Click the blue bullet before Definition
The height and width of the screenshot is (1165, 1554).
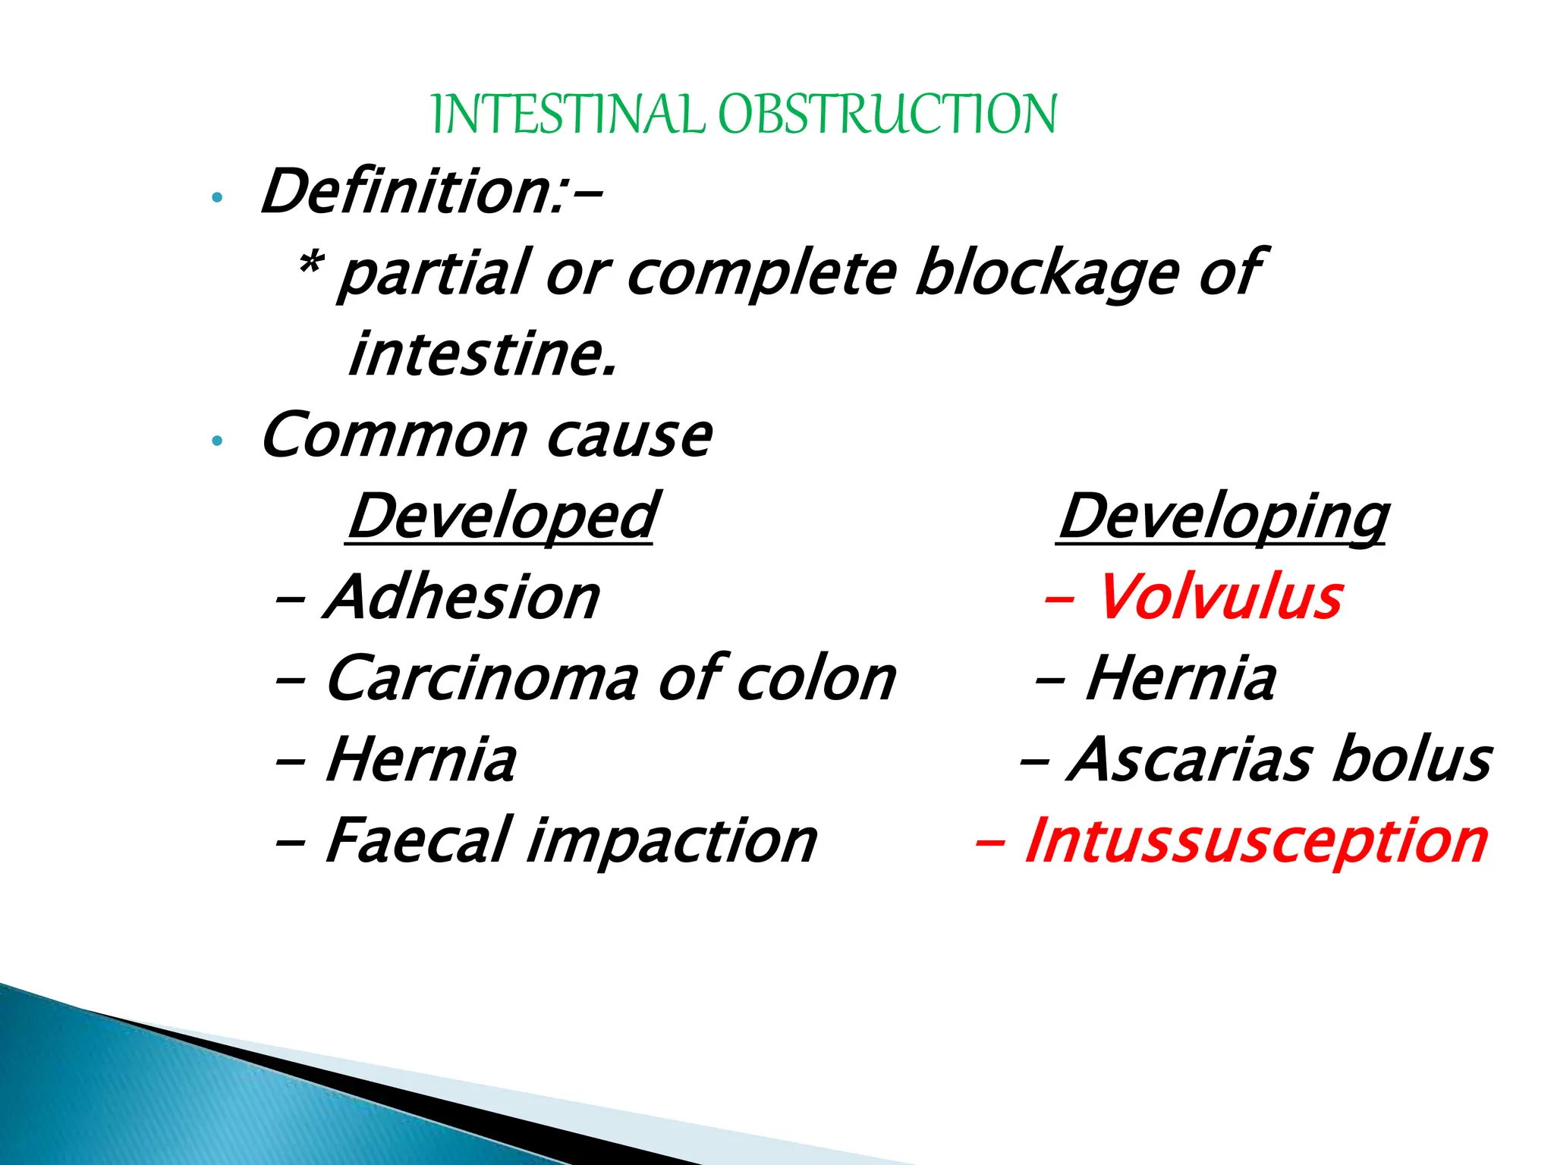pyautogui.click(x=218, y=198)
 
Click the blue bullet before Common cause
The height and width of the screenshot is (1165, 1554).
pyautogui.click(x=218, y=441)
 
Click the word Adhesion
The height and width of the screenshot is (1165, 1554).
pyautogui.click(x=462, y=598)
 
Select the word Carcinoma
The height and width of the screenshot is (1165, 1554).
pyautogui.click(x=481, y=679)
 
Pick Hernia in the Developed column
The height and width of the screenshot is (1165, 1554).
pyautogui.click(x=421, y=760)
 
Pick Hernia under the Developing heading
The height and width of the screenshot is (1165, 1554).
pyautogui.click(x=1181, y=679)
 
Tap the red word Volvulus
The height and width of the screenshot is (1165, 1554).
pyautogui.click(x=1219, y=598)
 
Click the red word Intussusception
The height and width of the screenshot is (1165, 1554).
pyautogui.click(x=1255, y=842)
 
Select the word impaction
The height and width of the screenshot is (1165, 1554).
pyautogui.click(x=671, y=842)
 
